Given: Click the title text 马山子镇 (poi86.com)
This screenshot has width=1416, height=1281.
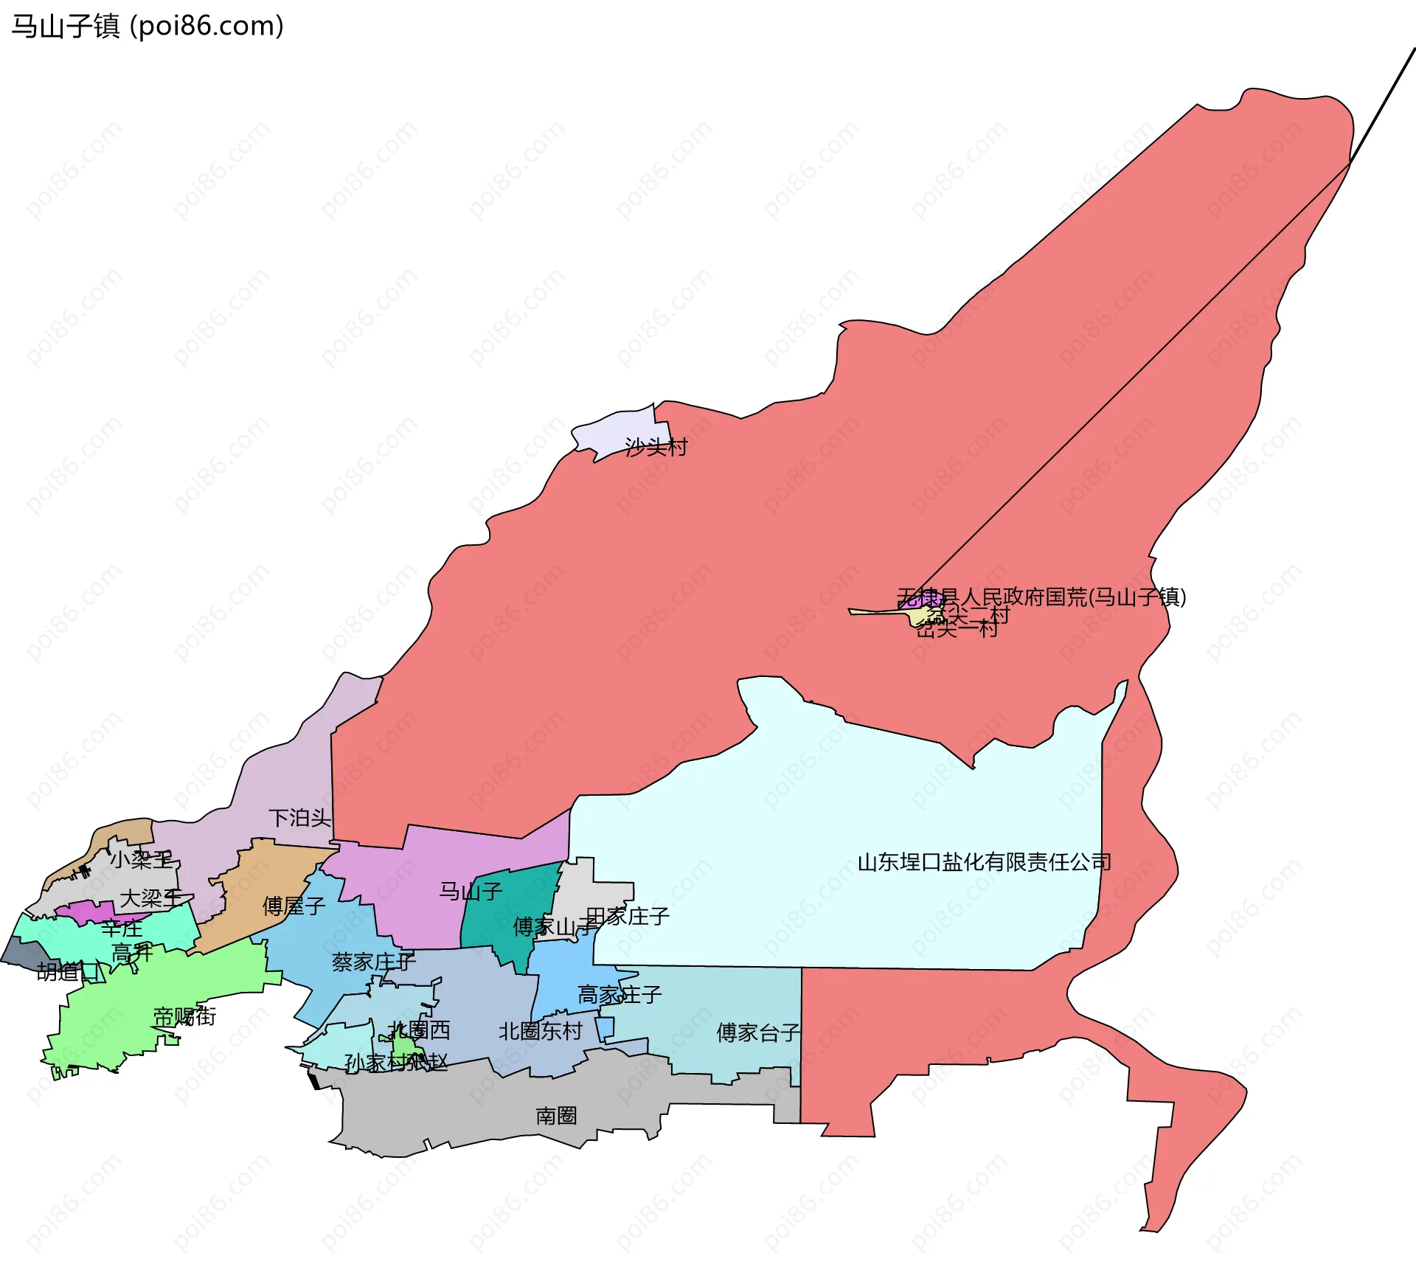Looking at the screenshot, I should click(x=147, y=27).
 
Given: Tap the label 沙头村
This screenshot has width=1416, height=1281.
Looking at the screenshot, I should click(x=656, y=447).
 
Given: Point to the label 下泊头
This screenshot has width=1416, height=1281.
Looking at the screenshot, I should click(x=299, y=818).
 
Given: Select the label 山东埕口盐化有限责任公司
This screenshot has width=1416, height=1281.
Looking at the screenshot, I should click(x=984, y=862).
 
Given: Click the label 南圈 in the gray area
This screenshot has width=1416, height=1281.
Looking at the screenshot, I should click(x=556, y=1115).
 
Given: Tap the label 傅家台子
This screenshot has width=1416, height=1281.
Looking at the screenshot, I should click(x=758, y=1032).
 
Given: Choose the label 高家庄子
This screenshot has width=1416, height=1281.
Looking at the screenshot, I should click(x=619, y=995).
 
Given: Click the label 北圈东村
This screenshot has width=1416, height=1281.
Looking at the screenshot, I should click(x=540, y=1031).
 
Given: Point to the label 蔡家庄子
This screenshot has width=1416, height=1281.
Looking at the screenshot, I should click(x=373, y=962).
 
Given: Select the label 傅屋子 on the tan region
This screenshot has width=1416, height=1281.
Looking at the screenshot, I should click(x=294, y=906).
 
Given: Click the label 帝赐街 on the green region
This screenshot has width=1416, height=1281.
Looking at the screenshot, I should click(x=184, y=1016).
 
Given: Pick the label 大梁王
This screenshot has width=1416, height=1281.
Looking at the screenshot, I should click(x=150, y=898).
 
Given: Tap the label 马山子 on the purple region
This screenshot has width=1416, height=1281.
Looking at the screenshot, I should click(x=471, y=892).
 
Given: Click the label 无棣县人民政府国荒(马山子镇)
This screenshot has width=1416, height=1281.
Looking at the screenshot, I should click(x=1041, y=596).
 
